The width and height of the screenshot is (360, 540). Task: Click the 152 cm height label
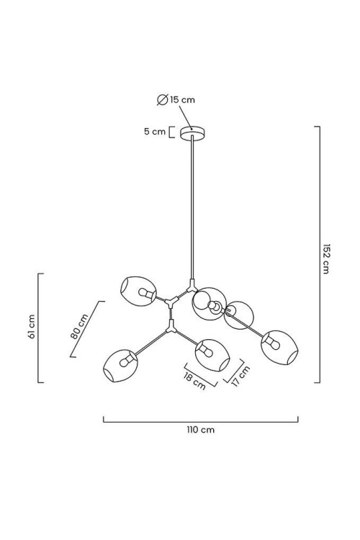pyautogui.click(x=325, y=258)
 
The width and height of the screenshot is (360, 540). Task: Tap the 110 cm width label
pyautogui.click(x=201, y=430)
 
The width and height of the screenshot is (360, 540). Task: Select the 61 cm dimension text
pyautogui.click(x=32, y=326)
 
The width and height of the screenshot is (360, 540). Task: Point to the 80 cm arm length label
pyautogui.click(x=79, y=326)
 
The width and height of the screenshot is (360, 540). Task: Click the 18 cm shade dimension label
pyautogui.click(x=194, y=382)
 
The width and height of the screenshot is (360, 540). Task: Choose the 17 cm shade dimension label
pyautogui.click(x=240, y=376)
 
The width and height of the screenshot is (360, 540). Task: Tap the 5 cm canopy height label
pyautogui.click(x=155, y=132)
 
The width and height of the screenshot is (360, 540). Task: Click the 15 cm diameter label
pyautogui.click(x=183, y=100)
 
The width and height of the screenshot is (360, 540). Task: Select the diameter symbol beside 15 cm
pyautogui.click(x=162, y=100)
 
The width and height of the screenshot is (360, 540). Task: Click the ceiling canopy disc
pyautogui.click(x=192, y=133)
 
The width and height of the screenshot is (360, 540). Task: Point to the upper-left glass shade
pyautogui.click(x=138, y=291)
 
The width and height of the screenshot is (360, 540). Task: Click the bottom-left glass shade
pyautogui.click(x=120, y=366)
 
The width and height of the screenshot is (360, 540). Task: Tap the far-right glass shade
pyautogui.click(x=280, y=347)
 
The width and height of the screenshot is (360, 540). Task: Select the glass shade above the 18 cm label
pyautogui.click(x=212, y=355)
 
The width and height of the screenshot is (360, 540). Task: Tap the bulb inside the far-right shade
pyautogui.click(x=272, y=343)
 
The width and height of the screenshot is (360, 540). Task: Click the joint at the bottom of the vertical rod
pyautogui.click(x=192, y=286)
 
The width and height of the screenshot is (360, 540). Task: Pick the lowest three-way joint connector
pyautogui.click(x=171, y=326)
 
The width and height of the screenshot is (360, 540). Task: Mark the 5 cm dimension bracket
pyautogui.click(x=171, y=132)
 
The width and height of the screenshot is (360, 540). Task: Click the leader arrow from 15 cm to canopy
pyautogui.click(x=185, y=118)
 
